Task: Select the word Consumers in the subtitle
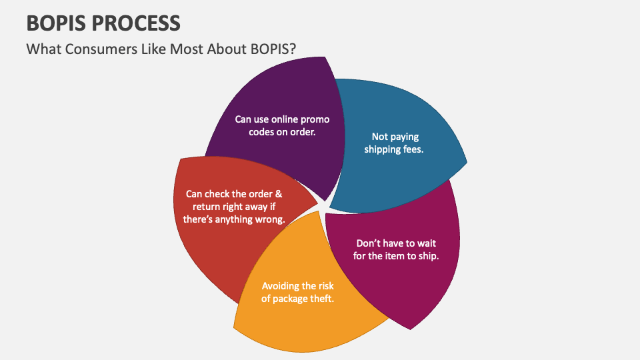(91, 49)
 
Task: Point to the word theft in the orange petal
(320, 299)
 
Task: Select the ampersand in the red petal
(279, 194)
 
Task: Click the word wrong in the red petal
(269, 219)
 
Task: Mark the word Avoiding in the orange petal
(281, 285)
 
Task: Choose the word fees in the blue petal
(414, 149)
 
